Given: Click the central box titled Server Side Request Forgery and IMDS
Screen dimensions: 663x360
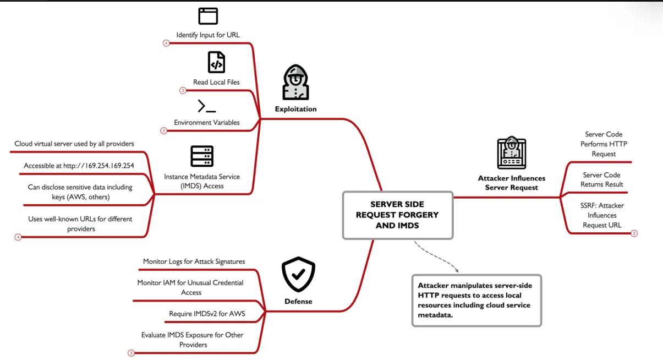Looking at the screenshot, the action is click(x=397, y=215).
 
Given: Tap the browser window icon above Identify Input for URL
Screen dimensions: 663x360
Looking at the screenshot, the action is click(x=208, y=16).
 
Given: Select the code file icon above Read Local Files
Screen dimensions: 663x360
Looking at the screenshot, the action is click(x=216, y=62).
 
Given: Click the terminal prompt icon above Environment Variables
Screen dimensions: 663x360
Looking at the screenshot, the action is click(x=206, y=106).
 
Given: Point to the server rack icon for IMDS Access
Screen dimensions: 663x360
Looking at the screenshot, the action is click(x=202, y=156).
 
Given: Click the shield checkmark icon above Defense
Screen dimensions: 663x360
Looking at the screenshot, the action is click(x=298, y=274).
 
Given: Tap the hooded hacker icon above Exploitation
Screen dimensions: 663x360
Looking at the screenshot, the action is click(x=295, y=83).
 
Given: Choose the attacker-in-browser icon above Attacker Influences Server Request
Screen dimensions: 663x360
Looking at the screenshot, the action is click(x=512, y=152).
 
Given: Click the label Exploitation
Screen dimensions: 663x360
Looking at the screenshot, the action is click(x=295, y=109).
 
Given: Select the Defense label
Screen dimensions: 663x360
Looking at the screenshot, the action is click(x=298, y=302).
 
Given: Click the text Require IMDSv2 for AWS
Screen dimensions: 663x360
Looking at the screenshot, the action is click(x=207, y=314).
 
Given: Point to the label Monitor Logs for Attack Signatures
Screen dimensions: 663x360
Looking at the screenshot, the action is click(x=194, y=261).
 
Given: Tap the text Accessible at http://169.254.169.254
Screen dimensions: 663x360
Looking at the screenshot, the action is click(x=79, y=166).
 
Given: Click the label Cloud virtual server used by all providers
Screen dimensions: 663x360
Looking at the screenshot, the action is click(x=74, y=144).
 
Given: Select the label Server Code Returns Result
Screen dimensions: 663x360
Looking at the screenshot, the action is click(x=602, y=179).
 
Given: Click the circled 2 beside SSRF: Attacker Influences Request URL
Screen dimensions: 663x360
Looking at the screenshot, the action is click(x=634, y=233).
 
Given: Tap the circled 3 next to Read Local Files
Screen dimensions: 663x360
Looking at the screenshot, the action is click(x=183, y=90).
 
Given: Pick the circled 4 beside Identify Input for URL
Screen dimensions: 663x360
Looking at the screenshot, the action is click(x=166, y=43).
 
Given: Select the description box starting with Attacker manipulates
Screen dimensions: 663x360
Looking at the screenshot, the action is click(x=476, y=301).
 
